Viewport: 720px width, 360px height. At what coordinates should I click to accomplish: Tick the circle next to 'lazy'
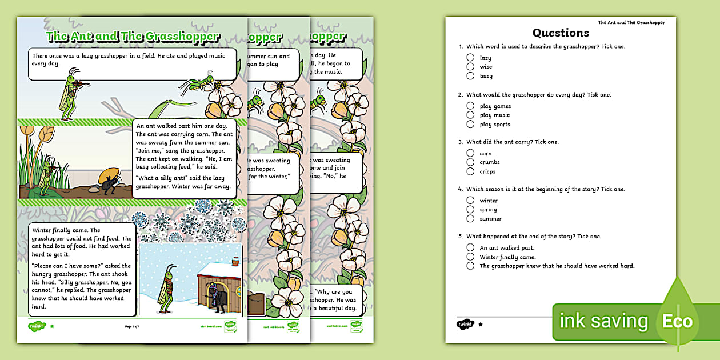coord(470,58)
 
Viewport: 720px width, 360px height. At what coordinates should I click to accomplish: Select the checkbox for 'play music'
coord(470,115)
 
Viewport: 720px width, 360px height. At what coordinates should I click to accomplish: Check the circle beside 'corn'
coord(470,153)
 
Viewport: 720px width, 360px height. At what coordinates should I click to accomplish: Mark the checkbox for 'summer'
coord(470,218)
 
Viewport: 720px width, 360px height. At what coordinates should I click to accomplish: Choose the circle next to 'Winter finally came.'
coord(470,257)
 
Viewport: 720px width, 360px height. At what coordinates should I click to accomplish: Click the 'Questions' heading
coord(561,33)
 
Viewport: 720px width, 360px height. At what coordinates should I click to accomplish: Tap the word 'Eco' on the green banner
coord(678,322)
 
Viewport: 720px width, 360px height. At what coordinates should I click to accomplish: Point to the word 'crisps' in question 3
coord(487,171)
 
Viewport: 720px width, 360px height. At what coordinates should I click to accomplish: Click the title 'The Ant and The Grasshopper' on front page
coord(133,37)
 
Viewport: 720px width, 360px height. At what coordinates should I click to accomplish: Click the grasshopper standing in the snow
coord(166,289)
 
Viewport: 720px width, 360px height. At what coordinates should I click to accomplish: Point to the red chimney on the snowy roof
coord(235,261)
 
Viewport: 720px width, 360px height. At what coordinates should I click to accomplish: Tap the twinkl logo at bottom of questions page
coord(464,324)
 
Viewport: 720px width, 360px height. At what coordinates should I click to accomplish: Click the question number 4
coord(461,189)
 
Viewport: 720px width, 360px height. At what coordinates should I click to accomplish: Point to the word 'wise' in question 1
coord(486,67)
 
